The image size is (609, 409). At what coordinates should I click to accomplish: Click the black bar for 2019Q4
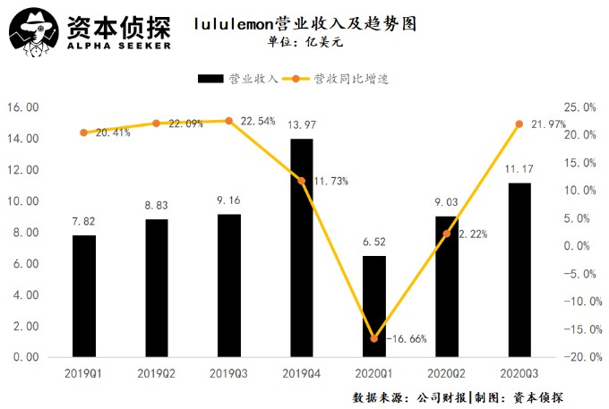(301, 248)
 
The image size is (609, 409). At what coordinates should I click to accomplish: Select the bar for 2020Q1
(373, 306)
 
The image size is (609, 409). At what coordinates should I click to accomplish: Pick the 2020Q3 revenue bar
(519, 269)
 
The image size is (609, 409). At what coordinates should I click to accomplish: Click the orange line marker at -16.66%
(373, 338)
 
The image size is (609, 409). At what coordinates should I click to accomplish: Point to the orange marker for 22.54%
(228, 121)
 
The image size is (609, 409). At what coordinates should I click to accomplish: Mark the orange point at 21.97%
(519, 124)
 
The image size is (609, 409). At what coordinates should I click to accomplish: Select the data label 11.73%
(330, 181)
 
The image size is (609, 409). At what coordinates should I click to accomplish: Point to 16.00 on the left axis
(23, 107)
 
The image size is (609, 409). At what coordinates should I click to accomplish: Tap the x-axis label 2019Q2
(156, 371)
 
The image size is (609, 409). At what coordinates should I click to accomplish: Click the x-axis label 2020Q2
(446, 371)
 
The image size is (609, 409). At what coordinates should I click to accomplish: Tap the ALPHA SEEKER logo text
(117, 46)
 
